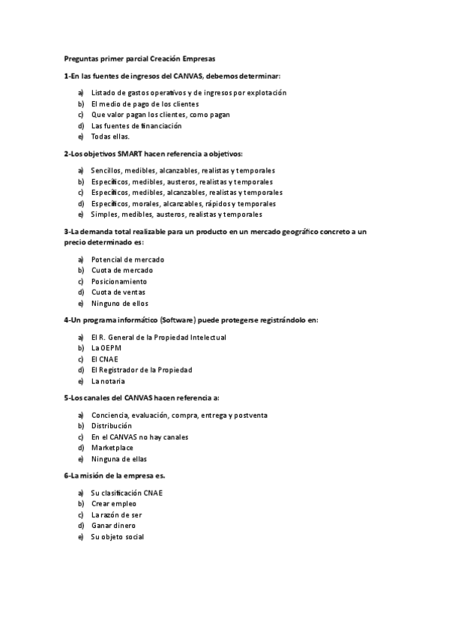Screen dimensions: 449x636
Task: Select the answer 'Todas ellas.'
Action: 110,136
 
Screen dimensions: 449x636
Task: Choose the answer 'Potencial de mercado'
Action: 127,259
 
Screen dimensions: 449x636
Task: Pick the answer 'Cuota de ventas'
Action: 118,292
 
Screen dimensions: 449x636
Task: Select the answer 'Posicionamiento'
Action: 119,281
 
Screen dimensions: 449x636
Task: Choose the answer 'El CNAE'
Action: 105,358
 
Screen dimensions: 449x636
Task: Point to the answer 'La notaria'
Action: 109,381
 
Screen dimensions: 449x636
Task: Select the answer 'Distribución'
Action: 111,425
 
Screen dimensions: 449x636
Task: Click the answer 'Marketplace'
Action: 112,448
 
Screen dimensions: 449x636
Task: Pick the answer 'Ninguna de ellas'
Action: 119,458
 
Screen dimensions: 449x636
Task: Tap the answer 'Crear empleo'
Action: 114,504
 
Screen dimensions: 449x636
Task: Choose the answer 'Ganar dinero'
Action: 113,526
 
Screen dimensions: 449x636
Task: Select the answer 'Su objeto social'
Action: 117,537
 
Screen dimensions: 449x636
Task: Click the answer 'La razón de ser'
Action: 116,515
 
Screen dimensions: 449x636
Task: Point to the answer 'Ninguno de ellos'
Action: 120,303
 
